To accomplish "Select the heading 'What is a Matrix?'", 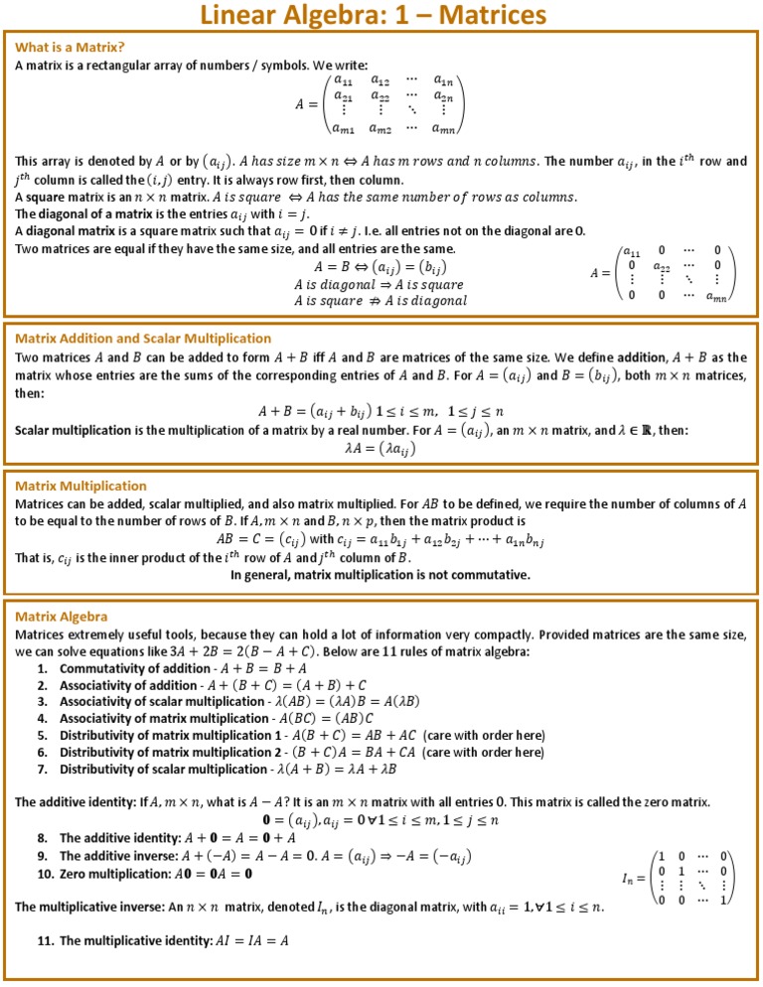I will tap(70, 47).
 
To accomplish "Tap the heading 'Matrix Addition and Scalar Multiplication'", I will tap(143, 339).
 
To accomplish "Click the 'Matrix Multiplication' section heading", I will tap(80, 486).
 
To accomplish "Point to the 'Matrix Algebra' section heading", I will tap(62, 617).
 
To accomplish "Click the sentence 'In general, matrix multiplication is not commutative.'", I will tap(381, 574).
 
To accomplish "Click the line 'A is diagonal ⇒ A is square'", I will tap(381, 284).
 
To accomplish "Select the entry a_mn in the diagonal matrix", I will tap(715, 295).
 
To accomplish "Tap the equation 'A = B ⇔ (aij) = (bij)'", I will tap(381, 267).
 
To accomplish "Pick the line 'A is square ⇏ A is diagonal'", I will tap(381, 300).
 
